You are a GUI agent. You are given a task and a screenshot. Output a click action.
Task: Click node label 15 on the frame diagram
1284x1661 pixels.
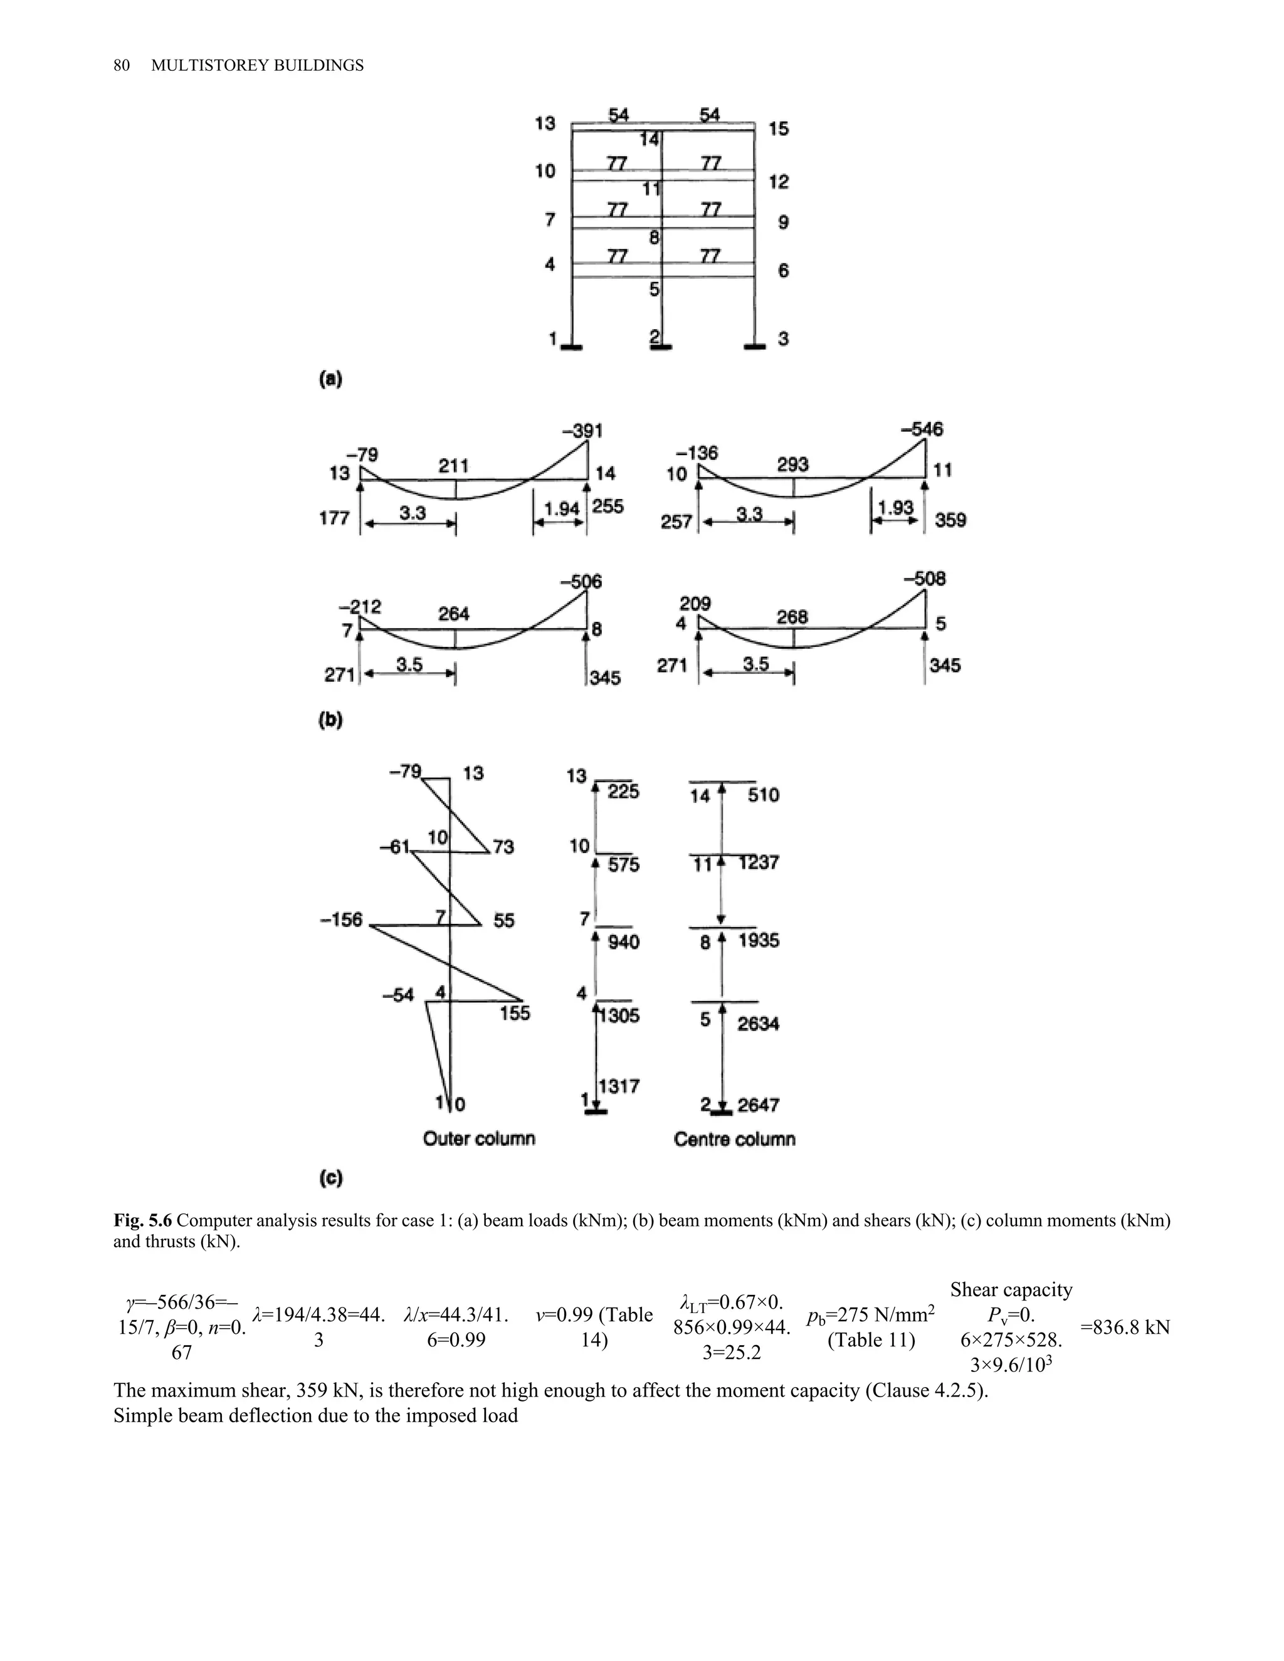[778, 128]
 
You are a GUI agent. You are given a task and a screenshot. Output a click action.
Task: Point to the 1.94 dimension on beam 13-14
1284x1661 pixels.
[563, 509]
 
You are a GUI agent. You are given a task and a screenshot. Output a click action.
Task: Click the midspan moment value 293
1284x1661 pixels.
[792, 464]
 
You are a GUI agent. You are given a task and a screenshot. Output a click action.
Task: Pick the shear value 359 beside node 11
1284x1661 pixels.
[950, 520]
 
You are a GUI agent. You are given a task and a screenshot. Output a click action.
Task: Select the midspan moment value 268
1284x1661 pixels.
[792, 617]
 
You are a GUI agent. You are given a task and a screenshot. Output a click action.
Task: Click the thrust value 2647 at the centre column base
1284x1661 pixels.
[759, 1104]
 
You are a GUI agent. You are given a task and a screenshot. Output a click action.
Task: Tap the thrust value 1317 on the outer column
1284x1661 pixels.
[619, 1086]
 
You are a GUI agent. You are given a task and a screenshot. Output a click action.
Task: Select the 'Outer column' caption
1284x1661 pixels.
[479, 1138]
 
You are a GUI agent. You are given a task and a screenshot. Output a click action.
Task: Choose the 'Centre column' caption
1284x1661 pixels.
[735, 1138]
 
